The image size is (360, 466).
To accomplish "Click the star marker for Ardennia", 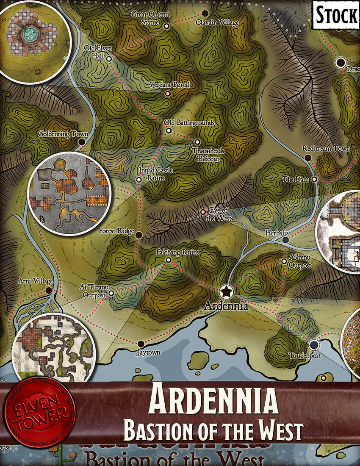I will click(x=227, y=291).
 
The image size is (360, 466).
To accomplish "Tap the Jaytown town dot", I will click(x=141, y=344).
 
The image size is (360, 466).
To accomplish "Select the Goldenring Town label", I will click(x=63, y=134).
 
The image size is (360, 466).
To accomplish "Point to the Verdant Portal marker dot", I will click(x=168, y=93).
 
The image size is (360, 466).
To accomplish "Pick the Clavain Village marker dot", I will click(x=205, y=13).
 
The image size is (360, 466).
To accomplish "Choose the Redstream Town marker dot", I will click(x=308, y=158).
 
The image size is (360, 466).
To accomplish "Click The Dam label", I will click(x=296, y=180).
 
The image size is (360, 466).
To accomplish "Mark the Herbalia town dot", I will click(x=285, y=240).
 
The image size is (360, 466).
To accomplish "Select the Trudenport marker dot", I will click(x=313, y=344).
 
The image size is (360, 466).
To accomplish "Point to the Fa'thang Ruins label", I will click(x=177, y=252).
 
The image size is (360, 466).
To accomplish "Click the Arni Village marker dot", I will click(x=49, y=291).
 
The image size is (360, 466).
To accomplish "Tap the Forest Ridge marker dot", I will click(x=139, y=234).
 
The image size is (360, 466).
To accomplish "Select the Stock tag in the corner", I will click(x=336, y=16).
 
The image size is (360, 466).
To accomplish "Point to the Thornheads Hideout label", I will click(x=208, y=155).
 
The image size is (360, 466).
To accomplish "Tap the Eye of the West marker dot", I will click(x=203, y=211).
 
